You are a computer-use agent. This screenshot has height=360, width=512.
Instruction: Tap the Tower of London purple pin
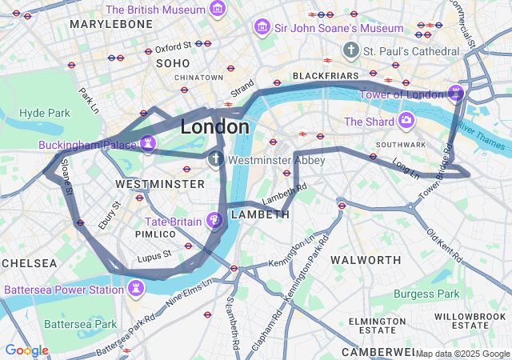456,94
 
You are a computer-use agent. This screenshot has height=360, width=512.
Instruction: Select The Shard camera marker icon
406,121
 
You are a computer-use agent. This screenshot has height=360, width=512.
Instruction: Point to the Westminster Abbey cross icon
216,159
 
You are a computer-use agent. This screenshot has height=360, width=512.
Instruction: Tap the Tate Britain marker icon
214,220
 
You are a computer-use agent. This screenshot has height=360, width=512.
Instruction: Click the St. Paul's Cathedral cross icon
350,50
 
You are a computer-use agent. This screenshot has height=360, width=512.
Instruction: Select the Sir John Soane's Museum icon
261,28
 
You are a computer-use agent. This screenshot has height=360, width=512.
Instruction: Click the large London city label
214,127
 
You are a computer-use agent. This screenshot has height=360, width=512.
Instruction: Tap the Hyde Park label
45,114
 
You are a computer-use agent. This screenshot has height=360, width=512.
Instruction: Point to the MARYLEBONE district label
110,25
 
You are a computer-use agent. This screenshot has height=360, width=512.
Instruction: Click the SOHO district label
173,62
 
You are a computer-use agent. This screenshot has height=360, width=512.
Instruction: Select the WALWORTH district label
366,260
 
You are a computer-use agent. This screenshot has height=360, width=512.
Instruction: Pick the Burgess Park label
427,294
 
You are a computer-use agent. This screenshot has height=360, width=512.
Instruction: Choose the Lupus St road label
154,256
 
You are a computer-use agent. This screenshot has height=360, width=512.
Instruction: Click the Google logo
26,350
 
